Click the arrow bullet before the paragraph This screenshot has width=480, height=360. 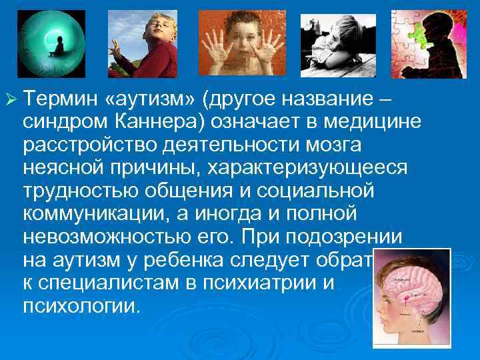[9, 101]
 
